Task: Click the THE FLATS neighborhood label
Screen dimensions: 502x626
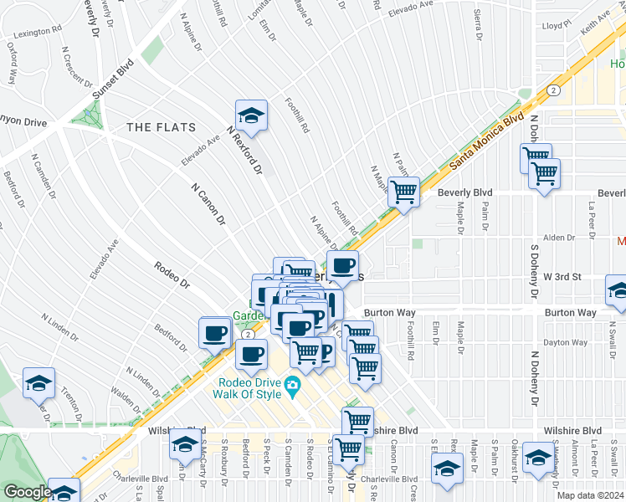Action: [x=161, y=127]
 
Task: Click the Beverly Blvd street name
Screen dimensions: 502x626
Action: [x=464, y=192]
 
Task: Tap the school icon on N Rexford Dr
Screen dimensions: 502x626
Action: [x=250, y=115]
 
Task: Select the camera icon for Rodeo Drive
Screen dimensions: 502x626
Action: [x=292, y=386]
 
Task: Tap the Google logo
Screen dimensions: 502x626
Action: [x=27, y=492]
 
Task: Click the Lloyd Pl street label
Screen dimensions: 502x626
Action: [x=556, y=26]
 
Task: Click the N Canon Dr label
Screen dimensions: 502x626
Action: [x=208, y=205]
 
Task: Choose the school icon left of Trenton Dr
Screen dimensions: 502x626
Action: [x=38, y=383]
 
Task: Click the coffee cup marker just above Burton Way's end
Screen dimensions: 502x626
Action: [x=341, y=267]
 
